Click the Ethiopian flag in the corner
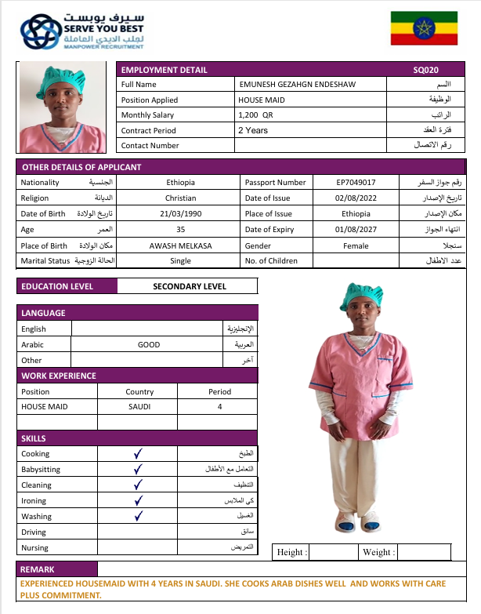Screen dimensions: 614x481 tap(425, 28)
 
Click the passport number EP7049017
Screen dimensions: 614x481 tap(356, 183)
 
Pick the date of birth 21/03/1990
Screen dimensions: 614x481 tap(181, 214)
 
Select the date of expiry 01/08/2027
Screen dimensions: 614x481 tap(356, 230)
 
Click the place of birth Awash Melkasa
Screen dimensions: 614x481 tap(181, 245)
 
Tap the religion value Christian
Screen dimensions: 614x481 tap(181, 198)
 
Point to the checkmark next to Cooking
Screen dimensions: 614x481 tap(138, 453)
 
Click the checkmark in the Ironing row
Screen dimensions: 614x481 tap(138, 500)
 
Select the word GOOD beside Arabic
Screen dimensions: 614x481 tap(149, 344)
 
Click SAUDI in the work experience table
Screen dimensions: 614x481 tap(139, 407)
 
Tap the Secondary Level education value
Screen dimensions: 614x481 tap(190, 286)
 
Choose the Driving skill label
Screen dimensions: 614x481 tap(34, 532)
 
